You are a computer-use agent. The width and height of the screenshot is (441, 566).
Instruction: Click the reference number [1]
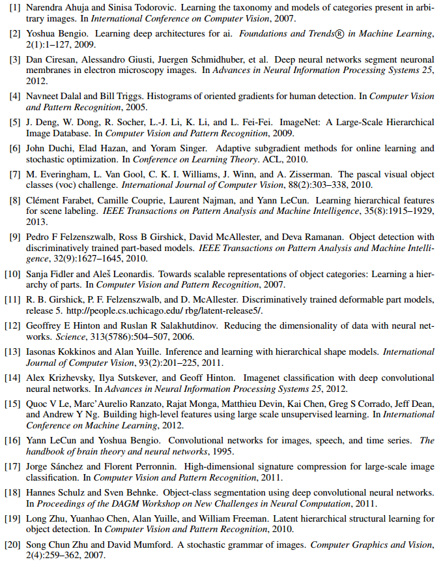(x=14, y=8)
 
